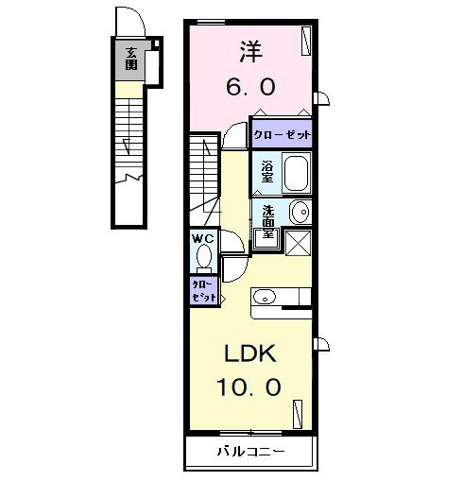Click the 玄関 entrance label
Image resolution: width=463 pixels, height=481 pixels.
click(x=131, y=59)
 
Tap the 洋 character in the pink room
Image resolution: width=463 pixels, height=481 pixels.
click(x=251, y=51)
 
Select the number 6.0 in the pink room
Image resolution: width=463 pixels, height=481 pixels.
click(x=251, y=87)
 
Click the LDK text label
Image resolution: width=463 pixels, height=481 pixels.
click(x=250, y=353)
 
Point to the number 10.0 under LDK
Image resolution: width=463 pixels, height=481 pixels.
click(x=249, y=387)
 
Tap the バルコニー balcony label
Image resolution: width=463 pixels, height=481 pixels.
click(x=251, y=453)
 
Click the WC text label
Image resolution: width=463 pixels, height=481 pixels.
click(x=203, y=239)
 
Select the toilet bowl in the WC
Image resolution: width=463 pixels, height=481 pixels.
click(x=203, y=257)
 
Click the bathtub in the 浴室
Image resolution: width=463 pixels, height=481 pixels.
click(x=296, y=172)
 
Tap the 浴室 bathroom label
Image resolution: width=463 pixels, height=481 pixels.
click(x=267, y=172)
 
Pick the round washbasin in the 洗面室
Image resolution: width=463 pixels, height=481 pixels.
click(x=300, y=212)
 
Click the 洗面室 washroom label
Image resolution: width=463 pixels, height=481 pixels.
click(x=268, y=222)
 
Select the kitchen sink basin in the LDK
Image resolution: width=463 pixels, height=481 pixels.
click(x=265, y=297)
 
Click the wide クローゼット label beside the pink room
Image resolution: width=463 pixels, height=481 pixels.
click(x=283, y=135)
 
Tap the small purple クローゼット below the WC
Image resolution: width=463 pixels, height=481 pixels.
click(x=204, y=291)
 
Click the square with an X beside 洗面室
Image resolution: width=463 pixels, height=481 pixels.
click(x=299, y=243)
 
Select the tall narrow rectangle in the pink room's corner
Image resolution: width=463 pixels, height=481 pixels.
click(x=306, y=41)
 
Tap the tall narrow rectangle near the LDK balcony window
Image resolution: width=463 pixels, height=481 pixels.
click(x=298, y=414)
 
